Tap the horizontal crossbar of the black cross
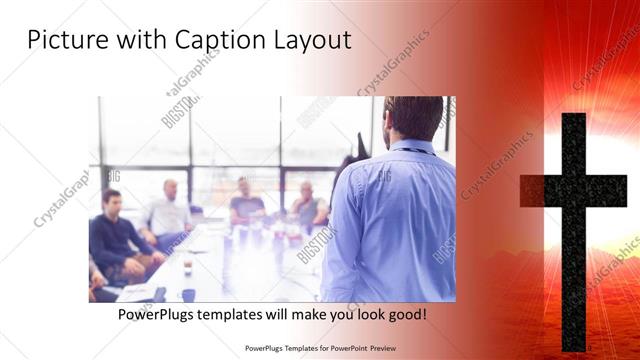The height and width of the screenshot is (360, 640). (x=574, y=190)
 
